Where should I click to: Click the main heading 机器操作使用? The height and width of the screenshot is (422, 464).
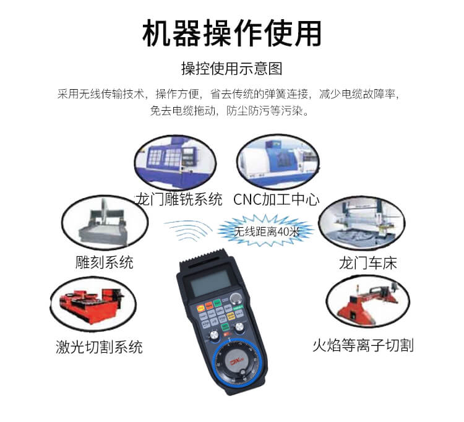coord(232,33)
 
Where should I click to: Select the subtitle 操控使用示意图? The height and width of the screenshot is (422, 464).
coord(232,68)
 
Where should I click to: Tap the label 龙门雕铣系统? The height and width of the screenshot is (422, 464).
coord(179,199)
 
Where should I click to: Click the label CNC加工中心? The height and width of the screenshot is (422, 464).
coord(277,199)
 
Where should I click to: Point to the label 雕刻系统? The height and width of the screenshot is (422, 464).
coord(104,262)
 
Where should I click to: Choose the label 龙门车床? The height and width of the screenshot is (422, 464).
coord(368,263)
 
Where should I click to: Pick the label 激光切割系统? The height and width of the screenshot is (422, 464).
coord(99,347)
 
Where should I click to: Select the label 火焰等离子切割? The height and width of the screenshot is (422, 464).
coord(363,345)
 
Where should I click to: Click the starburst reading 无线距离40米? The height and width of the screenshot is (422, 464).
coord(266,231)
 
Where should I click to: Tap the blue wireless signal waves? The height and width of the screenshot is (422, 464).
coord(188,230)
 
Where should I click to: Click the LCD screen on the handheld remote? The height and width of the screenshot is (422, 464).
coord(210,283)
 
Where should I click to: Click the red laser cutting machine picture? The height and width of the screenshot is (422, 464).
coord(93,304)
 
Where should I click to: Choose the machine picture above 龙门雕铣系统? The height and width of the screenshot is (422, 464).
coord(175,163)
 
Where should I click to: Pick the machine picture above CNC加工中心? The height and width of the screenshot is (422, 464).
coord(278,161)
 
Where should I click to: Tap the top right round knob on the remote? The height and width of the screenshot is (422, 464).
coord(236,298)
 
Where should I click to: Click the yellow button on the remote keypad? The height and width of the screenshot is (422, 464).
coord(231,316)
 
